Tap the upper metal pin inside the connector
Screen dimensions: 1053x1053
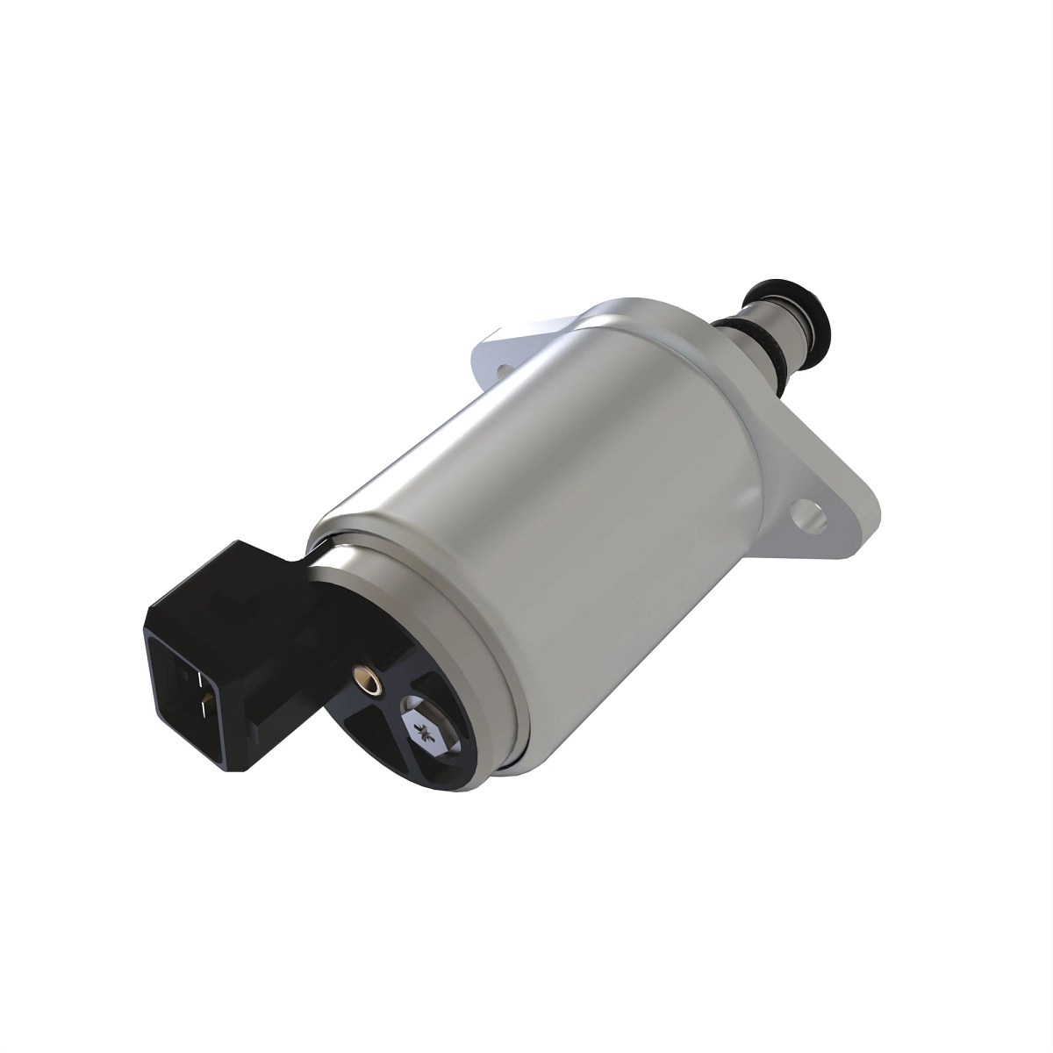click(x=198, y=679)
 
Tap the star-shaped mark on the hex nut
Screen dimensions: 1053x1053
click(x=427, y=728)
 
